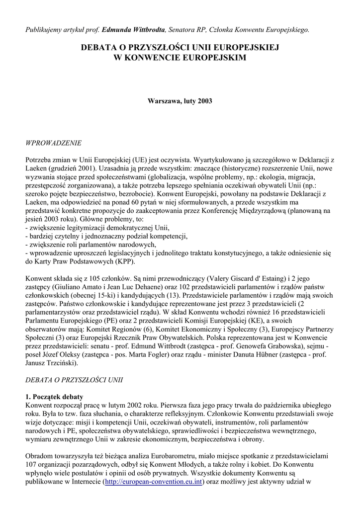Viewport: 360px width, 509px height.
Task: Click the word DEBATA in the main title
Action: pos(101,48)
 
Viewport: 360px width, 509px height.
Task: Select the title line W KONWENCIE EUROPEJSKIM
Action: pos(180,58)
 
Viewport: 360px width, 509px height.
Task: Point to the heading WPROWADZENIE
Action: pos(53,143)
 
